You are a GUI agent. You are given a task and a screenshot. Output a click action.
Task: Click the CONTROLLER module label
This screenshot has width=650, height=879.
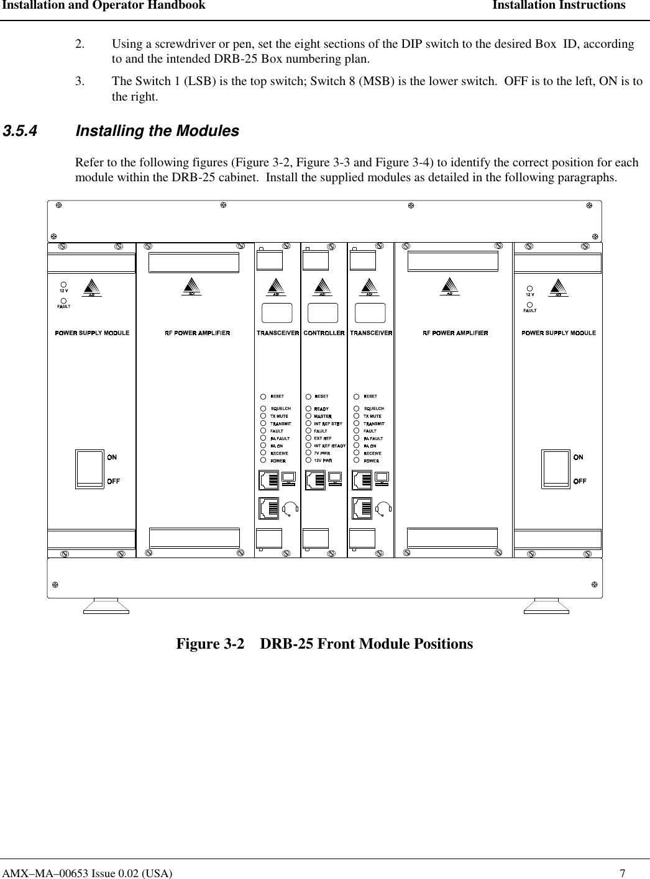tap(324, 333)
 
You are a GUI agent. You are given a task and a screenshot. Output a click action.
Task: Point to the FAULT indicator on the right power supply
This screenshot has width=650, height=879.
tap(529, 305)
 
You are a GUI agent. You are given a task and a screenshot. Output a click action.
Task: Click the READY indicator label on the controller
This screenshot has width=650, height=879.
tap(322, 409)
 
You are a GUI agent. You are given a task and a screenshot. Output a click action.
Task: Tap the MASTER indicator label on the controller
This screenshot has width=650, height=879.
tap(323, 417)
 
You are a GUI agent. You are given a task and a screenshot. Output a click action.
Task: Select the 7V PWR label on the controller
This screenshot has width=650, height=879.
tap(322, 454)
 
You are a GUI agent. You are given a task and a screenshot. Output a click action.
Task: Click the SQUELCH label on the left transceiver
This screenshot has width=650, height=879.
tap(281, 408)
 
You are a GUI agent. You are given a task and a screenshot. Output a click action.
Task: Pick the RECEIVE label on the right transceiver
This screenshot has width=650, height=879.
tap(372, 454)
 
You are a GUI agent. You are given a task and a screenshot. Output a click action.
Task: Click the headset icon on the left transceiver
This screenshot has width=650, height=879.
tap(290, 509)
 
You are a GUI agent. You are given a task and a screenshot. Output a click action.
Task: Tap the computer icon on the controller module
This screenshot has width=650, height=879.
tap(335, 478)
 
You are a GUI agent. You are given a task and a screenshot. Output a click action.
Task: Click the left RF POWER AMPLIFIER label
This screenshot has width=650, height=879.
tap(197, 333)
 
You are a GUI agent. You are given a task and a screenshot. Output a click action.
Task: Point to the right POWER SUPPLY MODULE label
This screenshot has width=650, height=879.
tap(558, 333)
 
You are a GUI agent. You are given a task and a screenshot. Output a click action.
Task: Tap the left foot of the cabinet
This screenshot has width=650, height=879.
tap(106, 606)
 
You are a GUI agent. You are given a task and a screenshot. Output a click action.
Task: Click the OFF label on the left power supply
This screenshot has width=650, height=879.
tap(113, 481)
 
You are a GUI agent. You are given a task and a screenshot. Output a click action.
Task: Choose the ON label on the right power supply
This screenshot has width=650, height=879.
tap(578, 458)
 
